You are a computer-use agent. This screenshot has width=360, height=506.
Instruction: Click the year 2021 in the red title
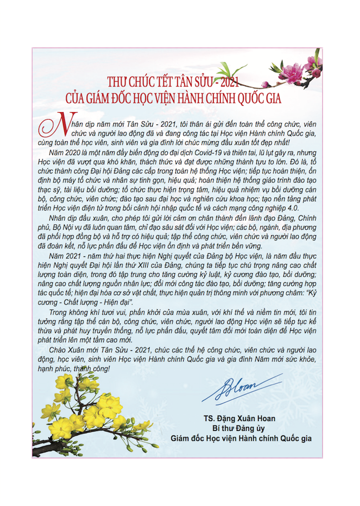pos(230,82)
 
